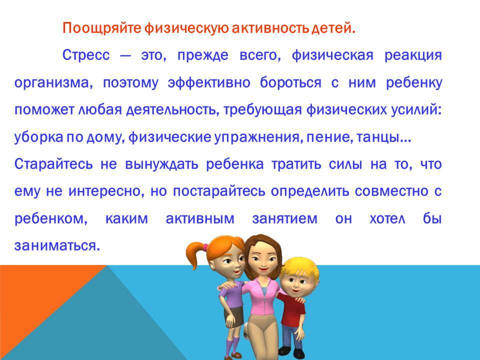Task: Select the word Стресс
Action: pos(86,55)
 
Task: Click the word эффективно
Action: pos(209,83)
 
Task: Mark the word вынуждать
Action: pos(161,164)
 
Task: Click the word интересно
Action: pos(106,192)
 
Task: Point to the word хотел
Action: pos(387,219)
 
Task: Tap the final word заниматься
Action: pos(57,246)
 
